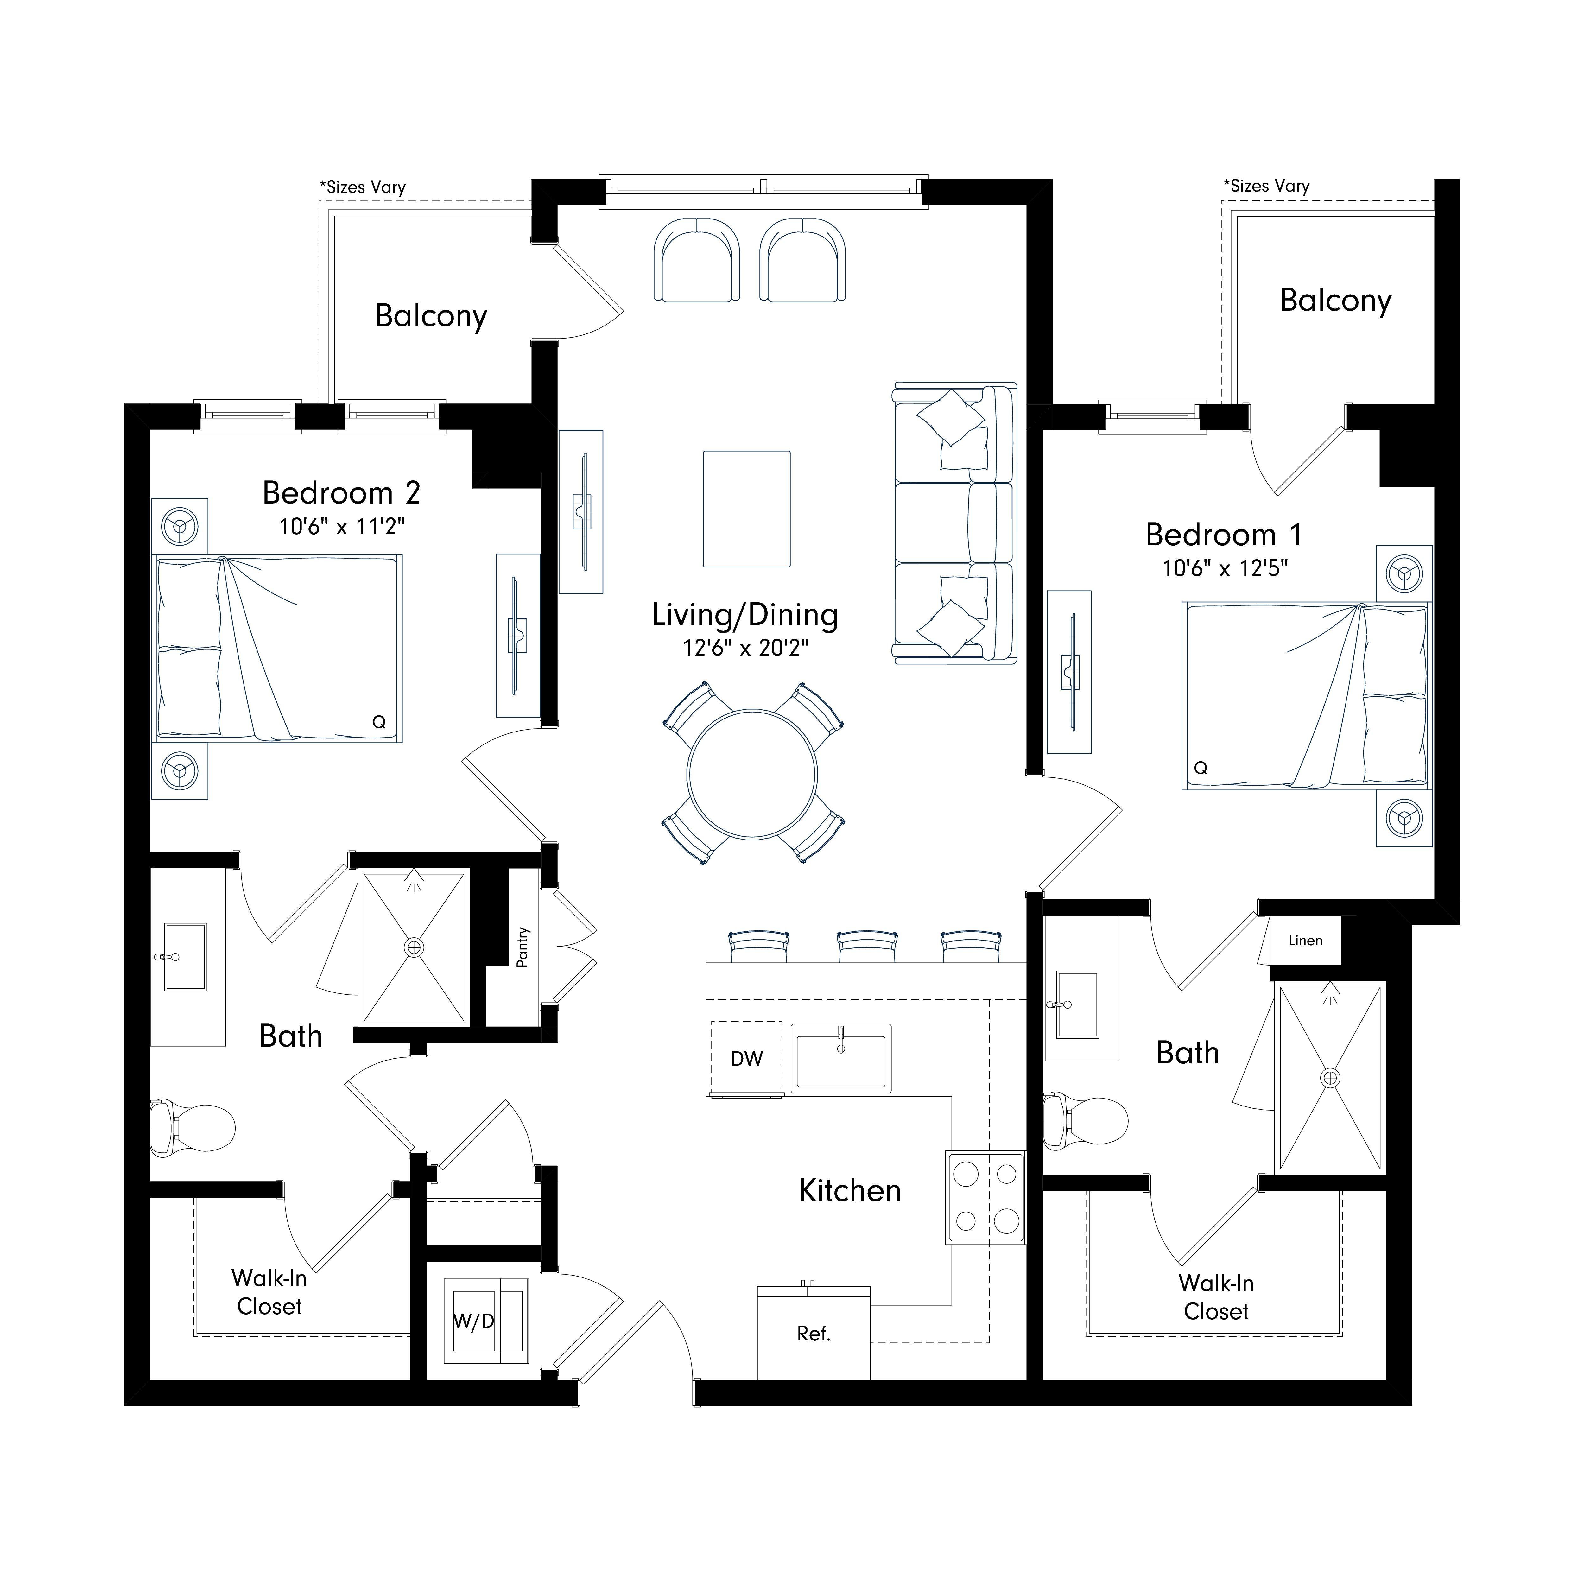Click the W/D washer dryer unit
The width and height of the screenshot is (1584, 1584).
click(486, 1321)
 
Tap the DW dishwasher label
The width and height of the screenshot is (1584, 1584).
click(746, 1059)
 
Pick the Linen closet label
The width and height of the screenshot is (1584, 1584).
click(1305, 941)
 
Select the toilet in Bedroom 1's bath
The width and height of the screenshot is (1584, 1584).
click(1086, 1120)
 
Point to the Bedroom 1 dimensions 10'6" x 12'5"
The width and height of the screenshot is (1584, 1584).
click(1225, 568)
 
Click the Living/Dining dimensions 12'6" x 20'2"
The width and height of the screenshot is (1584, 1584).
click(745, 648)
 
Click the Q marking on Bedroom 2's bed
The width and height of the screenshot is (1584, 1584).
click(379, 722)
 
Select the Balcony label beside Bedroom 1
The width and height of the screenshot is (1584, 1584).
click(1336, 302)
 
